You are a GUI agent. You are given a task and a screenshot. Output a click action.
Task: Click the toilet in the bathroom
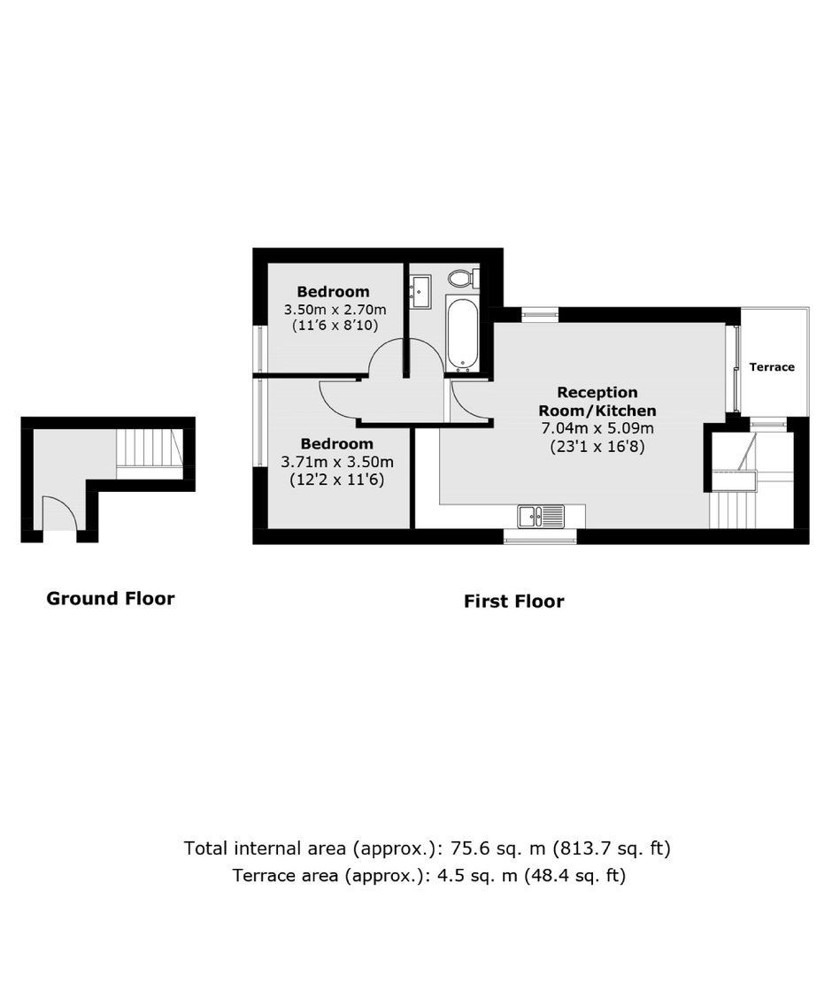[x=463, y=278]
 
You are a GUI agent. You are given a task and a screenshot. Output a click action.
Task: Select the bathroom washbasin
[x=420, y=291]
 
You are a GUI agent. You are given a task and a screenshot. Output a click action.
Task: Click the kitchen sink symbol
[x=541, y=516]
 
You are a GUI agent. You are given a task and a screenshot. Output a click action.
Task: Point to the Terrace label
[x=772, y=366]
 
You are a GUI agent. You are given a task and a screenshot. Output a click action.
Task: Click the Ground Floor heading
[x=110, y=598]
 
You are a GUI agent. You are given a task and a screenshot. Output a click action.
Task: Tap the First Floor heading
[x=513, y=601]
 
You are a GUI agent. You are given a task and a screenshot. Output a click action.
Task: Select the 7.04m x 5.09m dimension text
[x=597, y=428]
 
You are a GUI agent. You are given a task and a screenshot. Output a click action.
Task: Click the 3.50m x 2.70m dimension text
[x=335, y=310]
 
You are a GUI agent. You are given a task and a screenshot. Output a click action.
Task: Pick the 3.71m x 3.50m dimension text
[x=336, y=462]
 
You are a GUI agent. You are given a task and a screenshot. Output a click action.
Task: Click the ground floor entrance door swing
[x=59, y=513]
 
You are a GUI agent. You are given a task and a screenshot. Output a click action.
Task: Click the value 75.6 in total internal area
[x=468, y=848]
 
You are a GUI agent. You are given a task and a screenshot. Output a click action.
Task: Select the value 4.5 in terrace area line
[x=446, y=875]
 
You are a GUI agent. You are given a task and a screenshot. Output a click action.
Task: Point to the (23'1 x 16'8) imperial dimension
[x=597, y=447]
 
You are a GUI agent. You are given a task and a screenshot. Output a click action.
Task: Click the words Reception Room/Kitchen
[x=597, y=401]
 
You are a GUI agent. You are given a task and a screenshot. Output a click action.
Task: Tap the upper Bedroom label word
[x=333, y=291]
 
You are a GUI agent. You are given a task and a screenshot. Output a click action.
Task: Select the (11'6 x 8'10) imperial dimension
[x=335, y=326]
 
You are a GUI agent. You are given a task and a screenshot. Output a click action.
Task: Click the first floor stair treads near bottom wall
[x=732, y=510]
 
